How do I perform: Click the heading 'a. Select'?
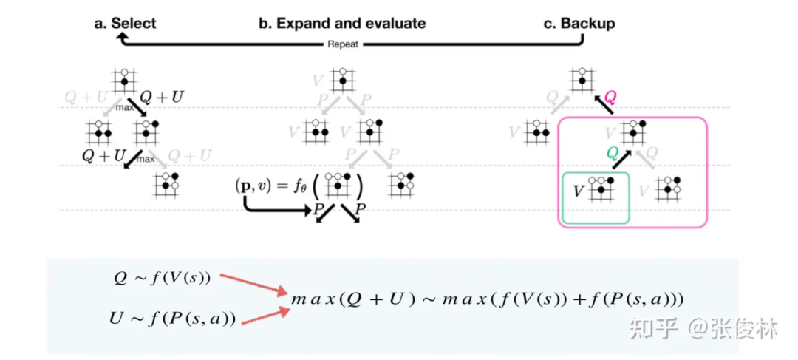click(x=125, y=24)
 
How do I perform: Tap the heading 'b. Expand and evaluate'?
click(x=341, y=24)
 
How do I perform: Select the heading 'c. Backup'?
click(x=579, y=24)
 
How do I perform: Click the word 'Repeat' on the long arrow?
click(x=342, y=44)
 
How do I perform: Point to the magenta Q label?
click(x=611, y=96)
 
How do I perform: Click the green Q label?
click(x=611, y=152)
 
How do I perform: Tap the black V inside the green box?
click(x=580, y=191)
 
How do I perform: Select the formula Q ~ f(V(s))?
click(x=162, y=279)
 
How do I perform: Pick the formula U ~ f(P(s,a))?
click(x=173, y=319)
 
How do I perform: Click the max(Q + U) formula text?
click(x=488, y=300)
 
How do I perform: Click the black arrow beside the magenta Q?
click(x=604, y=103)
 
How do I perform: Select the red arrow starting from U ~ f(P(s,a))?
click(x=265, y=316)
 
